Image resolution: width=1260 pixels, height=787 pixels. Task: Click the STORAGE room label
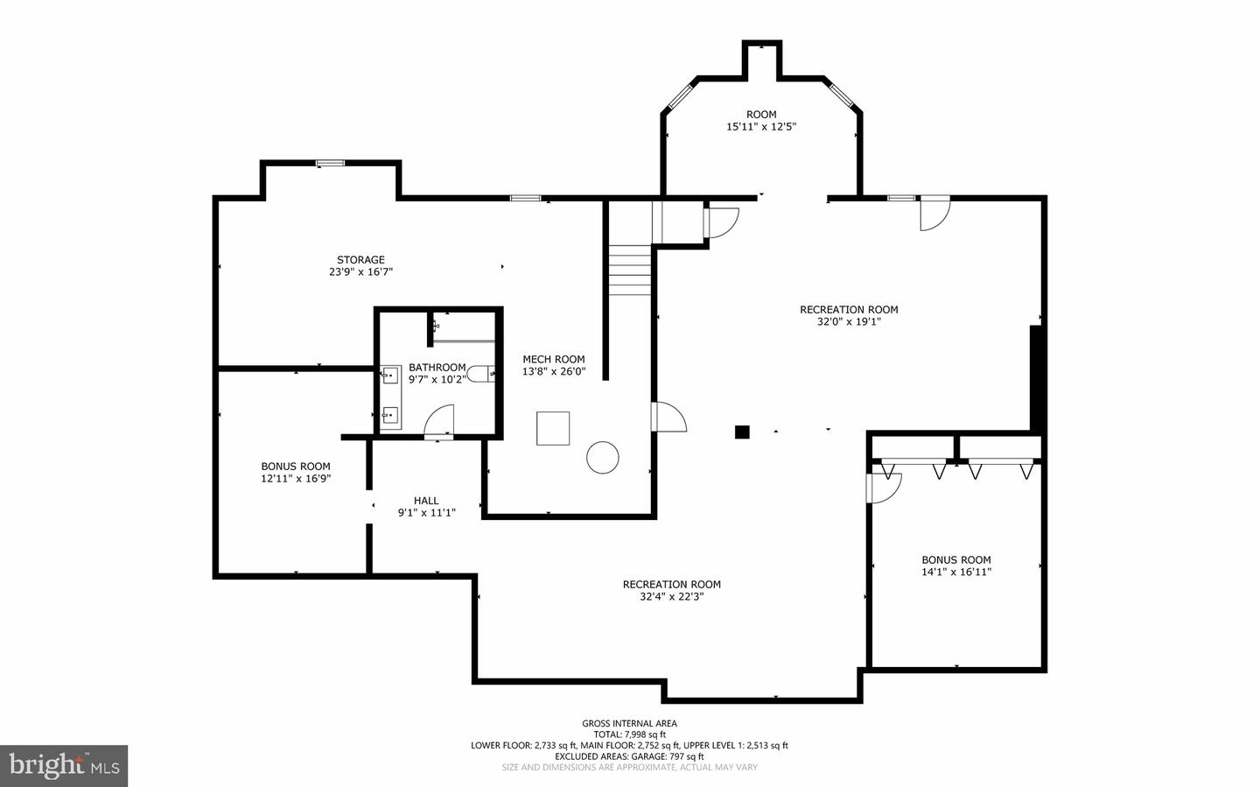(x=360, y=260)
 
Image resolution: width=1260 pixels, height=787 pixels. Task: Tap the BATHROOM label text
(x=437, y=368)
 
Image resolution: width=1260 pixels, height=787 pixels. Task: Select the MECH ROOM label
(x=553, y=359)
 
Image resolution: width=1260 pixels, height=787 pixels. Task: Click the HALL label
(x=426, y=501)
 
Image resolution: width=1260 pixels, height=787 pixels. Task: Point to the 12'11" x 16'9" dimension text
(x=296, y=479)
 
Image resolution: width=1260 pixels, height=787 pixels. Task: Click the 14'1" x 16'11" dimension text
(x=955, y=573)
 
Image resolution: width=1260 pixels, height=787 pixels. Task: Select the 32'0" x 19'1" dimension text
(x=849, y=321)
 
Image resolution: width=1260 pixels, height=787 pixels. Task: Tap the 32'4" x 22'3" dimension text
(x=671, y=597)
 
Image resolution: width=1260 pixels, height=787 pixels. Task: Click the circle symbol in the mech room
(x=602, y=457)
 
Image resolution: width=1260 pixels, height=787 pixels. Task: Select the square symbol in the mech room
(x=553, y=429)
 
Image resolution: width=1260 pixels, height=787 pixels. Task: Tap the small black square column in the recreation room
(x=742, y=431)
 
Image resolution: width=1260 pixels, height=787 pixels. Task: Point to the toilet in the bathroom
(x=480, y=374)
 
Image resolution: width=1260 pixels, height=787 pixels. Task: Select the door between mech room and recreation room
(x=668, y=418)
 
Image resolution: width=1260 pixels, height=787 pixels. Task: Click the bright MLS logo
(x=64, y=766)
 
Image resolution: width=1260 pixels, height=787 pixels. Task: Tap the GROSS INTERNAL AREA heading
(x=629, y=723)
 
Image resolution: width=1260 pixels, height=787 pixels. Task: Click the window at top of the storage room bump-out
(x=330, y=163)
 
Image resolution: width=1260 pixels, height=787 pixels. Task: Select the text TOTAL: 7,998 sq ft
(x=629, y=734)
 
